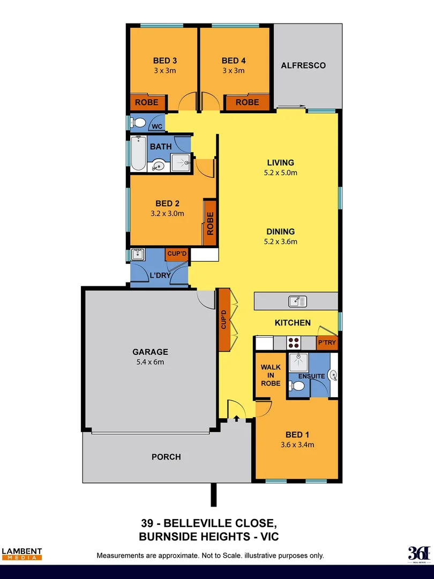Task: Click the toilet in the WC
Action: tap(139, 123)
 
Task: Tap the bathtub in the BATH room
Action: tap(138, 154)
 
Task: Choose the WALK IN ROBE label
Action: tap(271, 375)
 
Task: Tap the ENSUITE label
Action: tap(312, 376)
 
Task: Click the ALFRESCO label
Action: tap(303, 65)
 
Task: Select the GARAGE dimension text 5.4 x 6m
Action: tap(150, 362)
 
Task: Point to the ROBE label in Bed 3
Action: tap(146, 102)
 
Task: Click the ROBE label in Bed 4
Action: tap(247, 102)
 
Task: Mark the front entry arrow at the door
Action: tap(236, 418)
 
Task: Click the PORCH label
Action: tap(166, 457)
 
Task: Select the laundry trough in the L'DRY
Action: tap(138, 254)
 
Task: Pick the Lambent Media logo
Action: tap(22, 554)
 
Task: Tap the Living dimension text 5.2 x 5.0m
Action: tap(281, 173)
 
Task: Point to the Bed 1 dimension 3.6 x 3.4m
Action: tap(297, 444)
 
